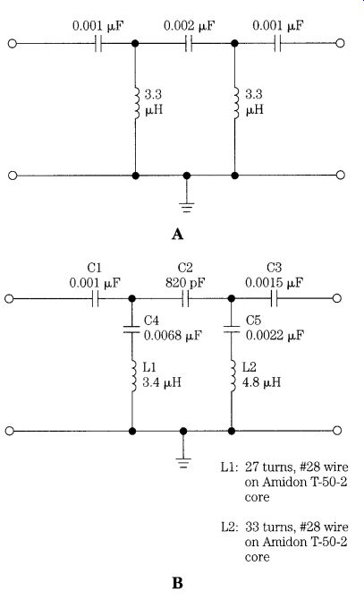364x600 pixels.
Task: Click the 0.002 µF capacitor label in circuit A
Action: (x=189, y=26)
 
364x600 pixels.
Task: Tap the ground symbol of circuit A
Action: (x=186, y=207)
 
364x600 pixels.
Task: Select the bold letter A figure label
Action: (x=178, y=235)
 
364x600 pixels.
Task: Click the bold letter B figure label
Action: (x=178, y=583)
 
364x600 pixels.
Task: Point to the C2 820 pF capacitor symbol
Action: (x=185, y=299)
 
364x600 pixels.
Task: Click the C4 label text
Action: (x=151, y=321)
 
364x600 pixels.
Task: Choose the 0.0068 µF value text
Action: (x=173, y=336)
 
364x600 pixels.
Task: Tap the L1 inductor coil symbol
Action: (x=133, y=376)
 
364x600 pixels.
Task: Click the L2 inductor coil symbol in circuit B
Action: (x=233, y=376)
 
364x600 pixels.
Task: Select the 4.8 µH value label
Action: (x=261, y=382)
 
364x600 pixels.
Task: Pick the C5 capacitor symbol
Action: (x=232, y=329)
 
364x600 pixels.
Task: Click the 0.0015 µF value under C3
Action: (x=274, y=283)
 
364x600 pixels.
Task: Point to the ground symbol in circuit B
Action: (x=183, y=463)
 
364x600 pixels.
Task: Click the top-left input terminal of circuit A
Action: (x=13, y=43)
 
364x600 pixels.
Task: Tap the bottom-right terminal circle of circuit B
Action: (x=336, y=431)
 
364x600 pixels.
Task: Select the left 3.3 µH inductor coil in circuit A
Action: (x=136, y=103)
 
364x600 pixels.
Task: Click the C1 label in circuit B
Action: (x=94, y=268)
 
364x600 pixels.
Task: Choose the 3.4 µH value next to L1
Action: (x=162, y=382)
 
